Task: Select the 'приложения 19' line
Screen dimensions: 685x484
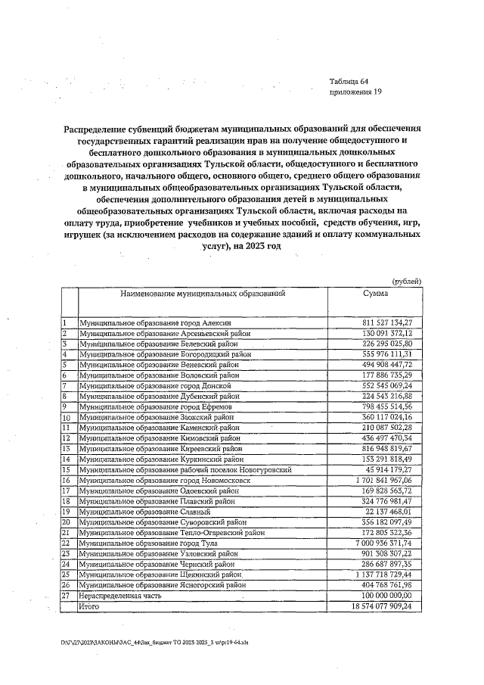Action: pos(355,93)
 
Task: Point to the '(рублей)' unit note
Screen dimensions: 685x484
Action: pos(407,281)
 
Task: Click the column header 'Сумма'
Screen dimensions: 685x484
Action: pos(375,292)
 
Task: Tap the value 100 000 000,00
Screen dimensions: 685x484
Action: pos(386,596)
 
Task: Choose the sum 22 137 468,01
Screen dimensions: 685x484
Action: pos(391,512)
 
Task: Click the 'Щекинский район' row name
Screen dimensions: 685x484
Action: pos(169,574)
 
